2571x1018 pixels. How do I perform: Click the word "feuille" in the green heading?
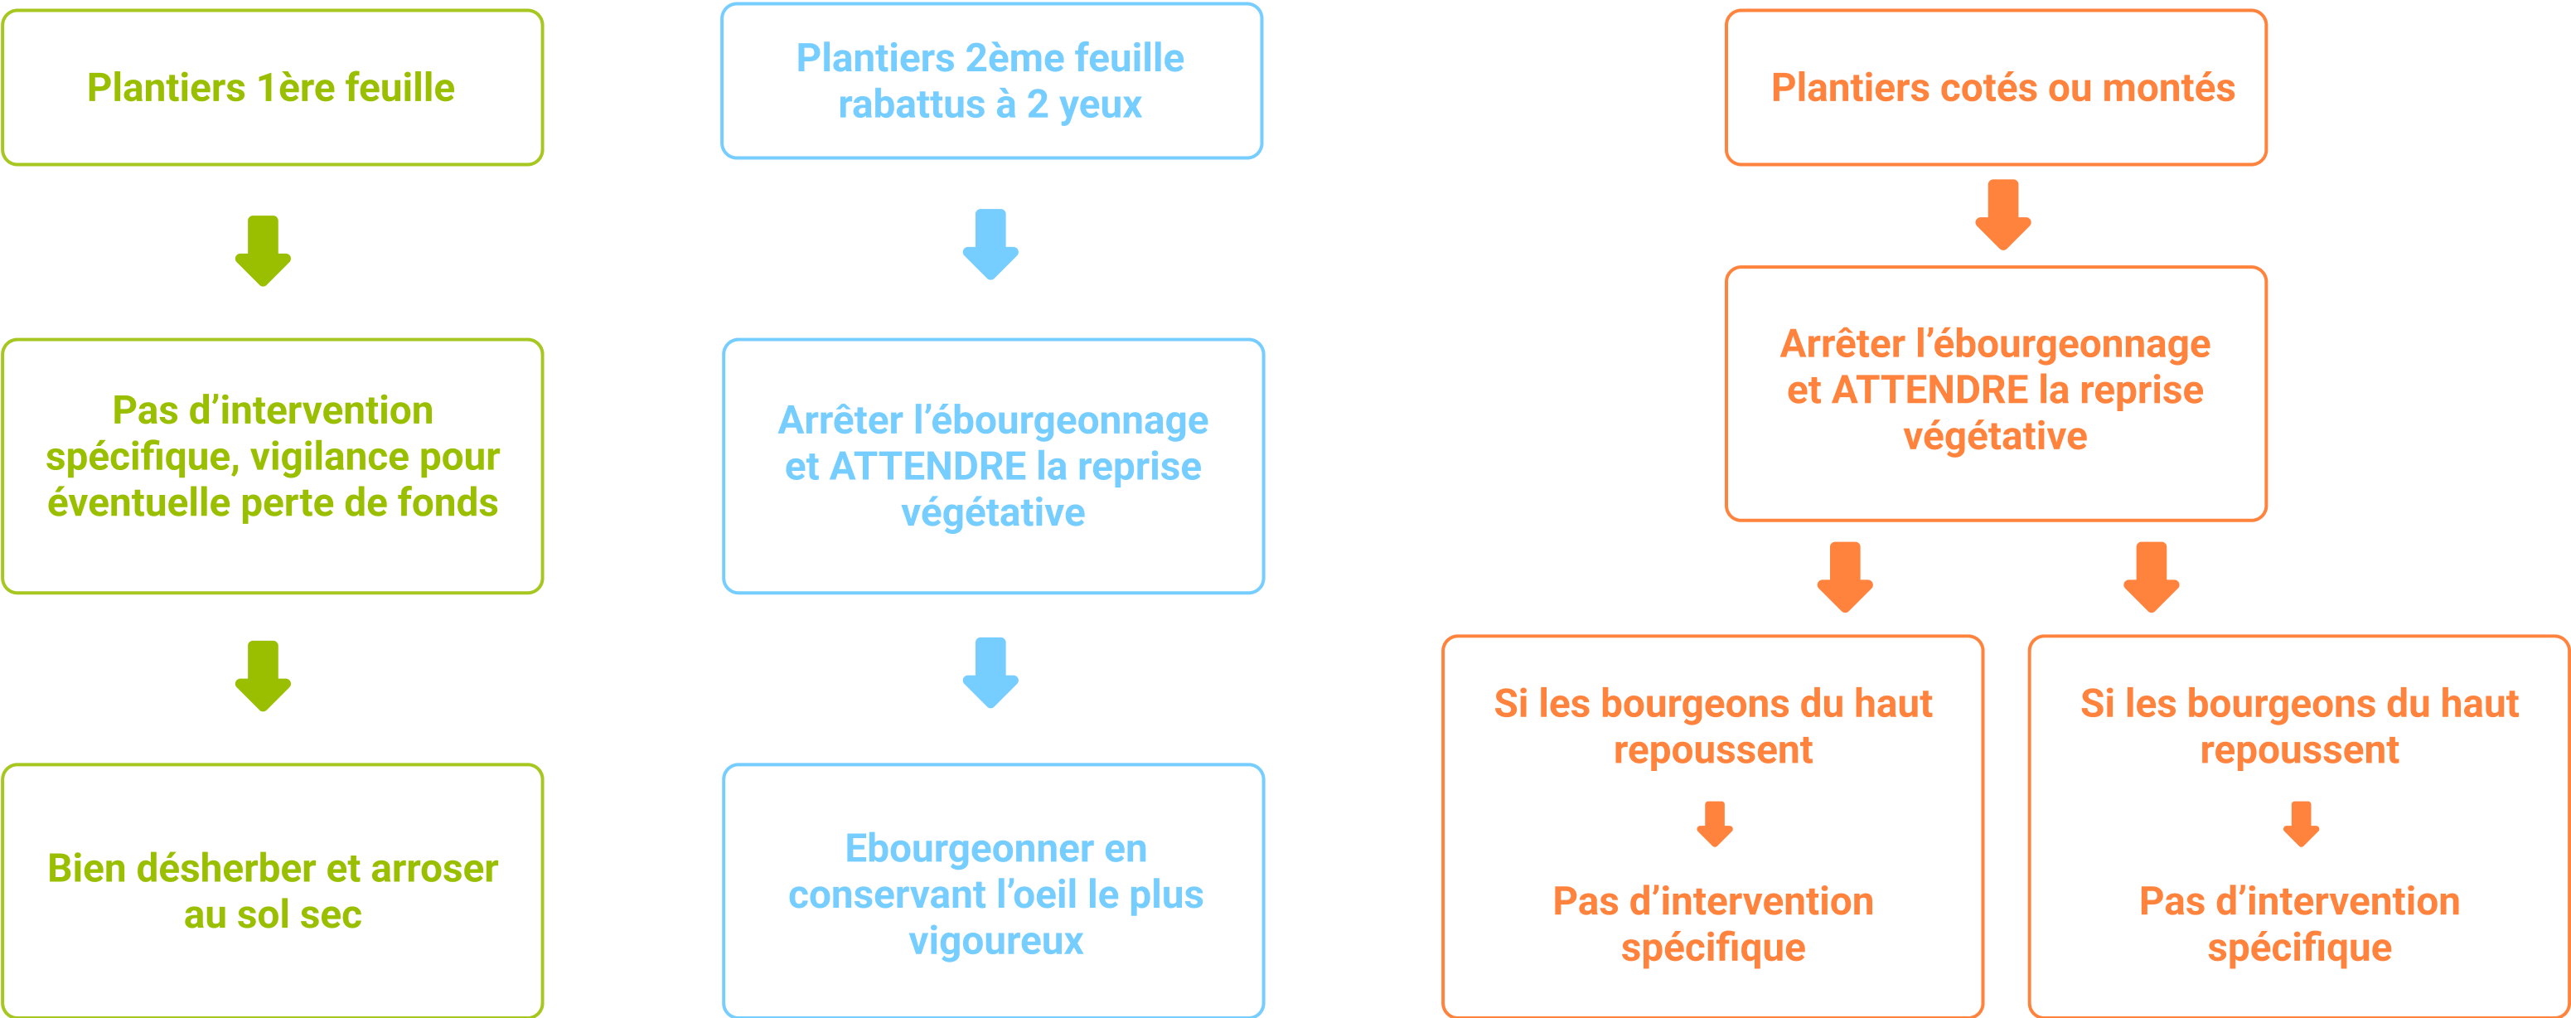point(399,88)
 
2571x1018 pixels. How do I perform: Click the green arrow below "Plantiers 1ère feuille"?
point(263,250)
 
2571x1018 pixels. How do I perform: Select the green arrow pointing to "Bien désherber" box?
point(263,676)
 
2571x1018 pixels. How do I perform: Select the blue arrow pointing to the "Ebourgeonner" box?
point(990,671)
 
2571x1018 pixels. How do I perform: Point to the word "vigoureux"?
point(995,941)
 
